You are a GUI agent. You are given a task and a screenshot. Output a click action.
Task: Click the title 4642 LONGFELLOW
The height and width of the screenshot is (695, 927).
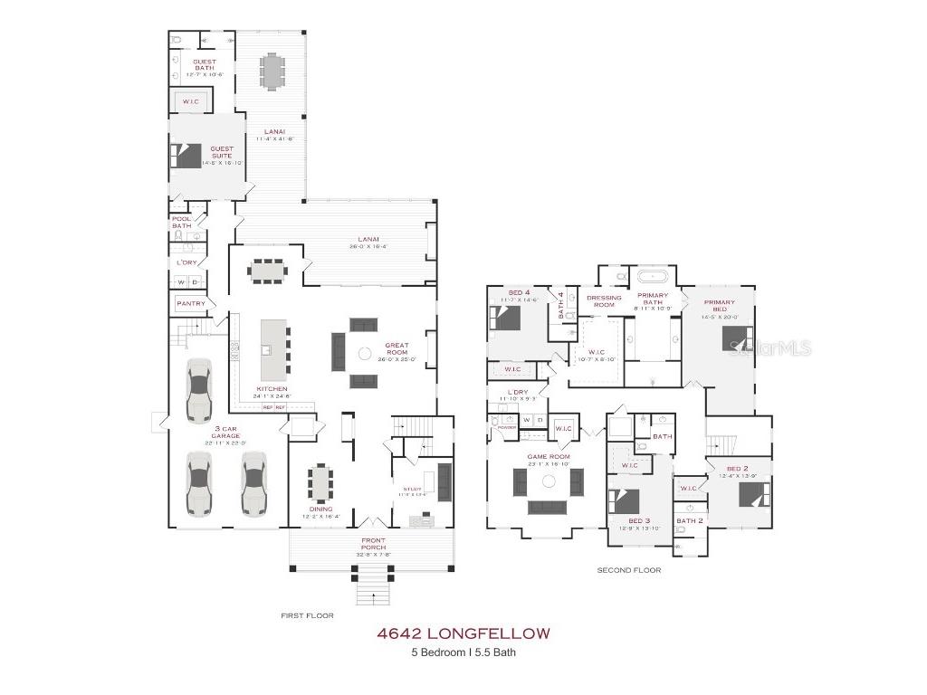coord(463,633)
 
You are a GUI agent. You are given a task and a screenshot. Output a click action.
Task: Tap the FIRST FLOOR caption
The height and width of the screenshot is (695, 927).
coord(307,615)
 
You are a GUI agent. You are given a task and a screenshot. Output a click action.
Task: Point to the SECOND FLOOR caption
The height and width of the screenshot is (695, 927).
coord(628,570)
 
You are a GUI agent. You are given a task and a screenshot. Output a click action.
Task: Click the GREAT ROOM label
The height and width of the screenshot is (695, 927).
coord(397,348)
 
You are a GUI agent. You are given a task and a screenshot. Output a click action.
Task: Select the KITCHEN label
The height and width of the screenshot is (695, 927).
coord(272,389)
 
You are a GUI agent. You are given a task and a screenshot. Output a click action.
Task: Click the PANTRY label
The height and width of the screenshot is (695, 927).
coord(191,303)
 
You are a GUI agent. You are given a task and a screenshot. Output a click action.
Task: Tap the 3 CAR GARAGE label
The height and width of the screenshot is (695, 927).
coord(221,432)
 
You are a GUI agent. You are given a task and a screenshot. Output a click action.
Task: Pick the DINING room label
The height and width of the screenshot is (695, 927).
coord(320,509)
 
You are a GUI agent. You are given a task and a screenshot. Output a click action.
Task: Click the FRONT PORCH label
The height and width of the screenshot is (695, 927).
coord(373,544)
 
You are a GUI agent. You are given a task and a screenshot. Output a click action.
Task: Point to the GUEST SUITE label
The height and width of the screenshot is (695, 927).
coord(222,152)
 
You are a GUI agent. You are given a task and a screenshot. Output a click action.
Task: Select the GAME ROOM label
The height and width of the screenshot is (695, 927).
coord(549,457)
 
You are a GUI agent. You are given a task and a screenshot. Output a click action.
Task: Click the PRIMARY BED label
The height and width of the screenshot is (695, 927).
coord(718,306)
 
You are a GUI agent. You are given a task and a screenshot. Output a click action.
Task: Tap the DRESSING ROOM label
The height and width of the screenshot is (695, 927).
coord(604,300)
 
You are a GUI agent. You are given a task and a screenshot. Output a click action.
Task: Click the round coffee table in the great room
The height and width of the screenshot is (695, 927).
coord(365,354)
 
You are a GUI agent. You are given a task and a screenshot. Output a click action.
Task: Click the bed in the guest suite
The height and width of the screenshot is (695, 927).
coord(186,157)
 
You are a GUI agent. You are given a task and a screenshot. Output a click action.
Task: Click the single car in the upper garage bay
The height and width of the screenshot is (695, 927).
coord(198,390)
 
